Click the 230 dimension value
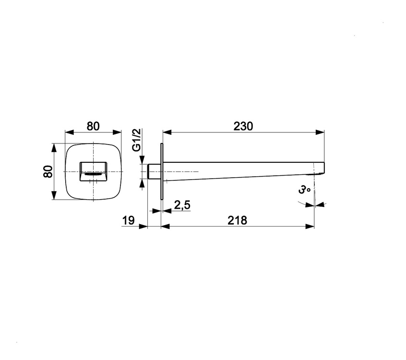coord(243,126)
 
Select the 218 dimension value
coord(237,220)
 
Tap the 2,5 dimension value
coord(182,205)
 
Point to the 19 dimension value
coord(129,220)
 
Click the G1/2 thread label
coord(136,140)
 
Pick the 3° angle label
coord(304,190)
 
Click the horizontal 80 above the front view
coord(93,126)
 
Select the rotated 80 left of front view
coord(48,171)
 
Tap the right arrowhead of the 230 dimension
coord(320,132)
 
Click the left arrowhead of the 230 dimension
coord(167,132)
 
